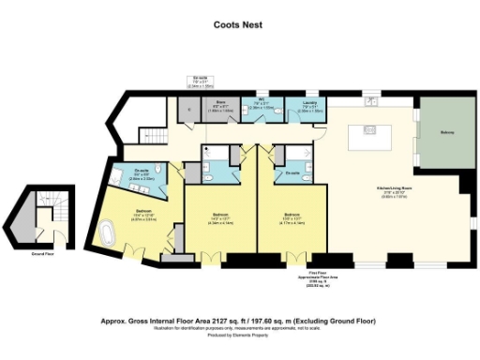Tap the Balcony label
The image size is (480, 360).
click(x=447, y=132)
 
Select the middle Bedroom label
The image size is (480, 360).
click(x=213, y=222)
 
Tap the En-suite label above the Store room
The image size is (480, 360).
click(x=199, y=81)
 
